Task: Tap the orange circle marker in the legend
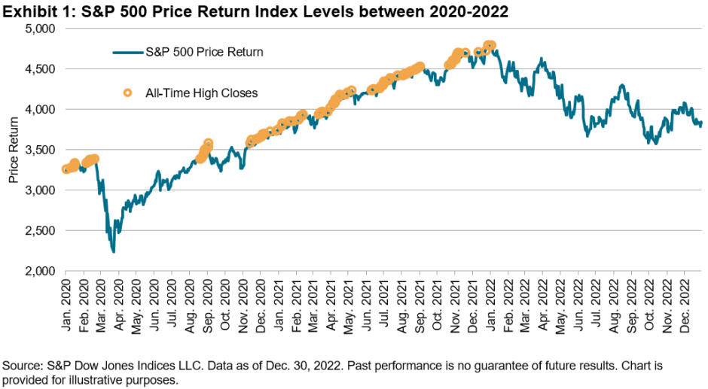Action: coord(128,93)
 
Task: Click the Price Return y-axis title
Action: coord(13,150)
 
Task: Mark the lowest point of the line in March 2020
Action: coord(113,251)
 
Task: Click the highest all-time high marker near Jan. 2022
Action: coord(490,45)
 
